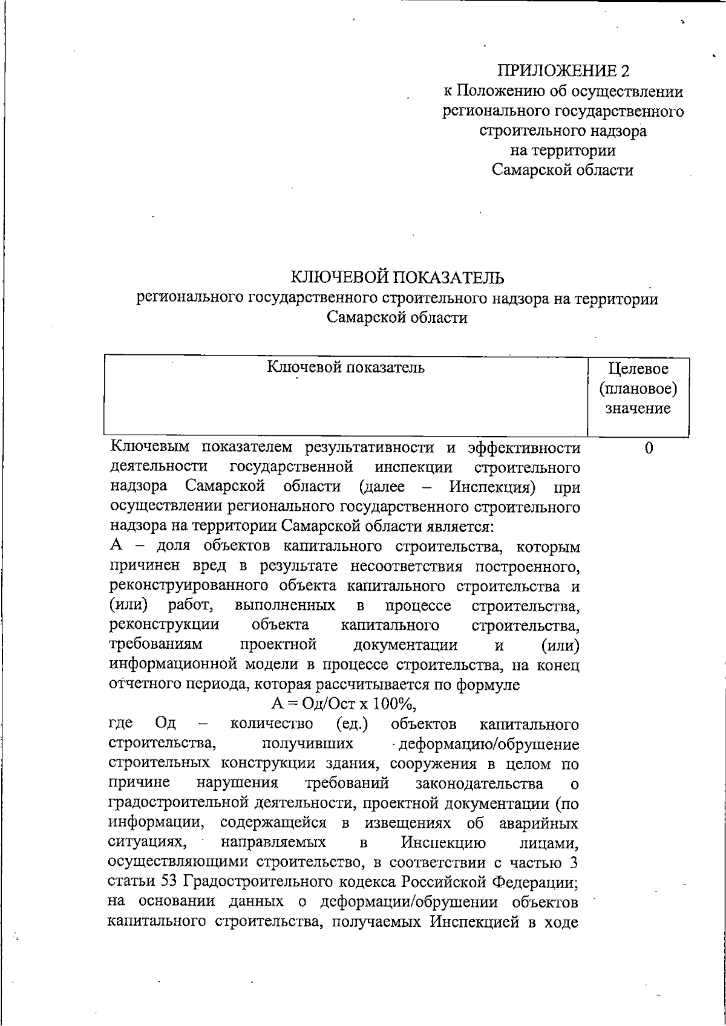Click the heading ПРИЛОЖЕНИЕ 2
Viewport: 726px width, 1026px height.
pos(563,71)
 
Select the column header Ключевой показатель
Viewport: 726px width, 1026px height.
pos(345,367)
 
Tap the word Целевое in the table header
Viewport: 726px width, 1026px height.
pos(638,368)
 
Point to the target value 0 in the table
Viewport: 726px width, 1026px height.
pos(649,448)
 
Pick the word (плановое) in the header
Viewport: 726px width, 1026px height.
pos(638,388)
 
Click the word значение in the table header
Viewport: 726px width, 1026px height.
pos(638,408)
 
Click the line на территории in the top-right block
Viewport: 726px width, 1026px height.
pos(563,150)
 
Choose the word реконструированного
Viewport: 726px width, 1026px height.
pos(189,586)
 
